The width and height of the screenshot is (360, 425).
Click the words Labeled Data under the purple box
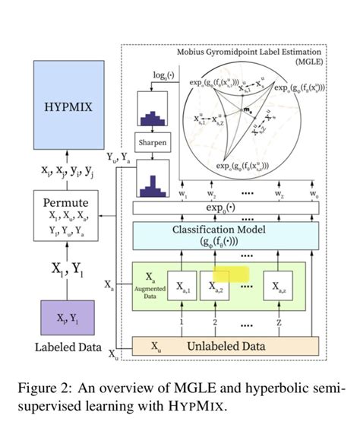pyautogui.click(x=68, y=349)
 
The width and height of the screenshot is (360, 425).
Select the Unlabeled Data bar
pyautogui.click(x=225, y=346)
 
